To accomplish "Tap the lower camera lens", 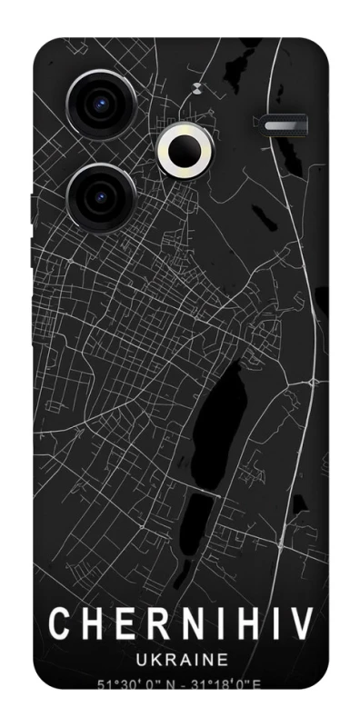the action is click(x=100, y=196).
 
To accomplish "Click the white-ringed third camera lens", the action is click(x=188, y=150).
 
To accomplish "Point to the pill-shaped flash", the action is click(x=286, y=124).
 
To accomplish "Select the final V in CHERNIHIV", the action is click(x=302, y=624).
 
